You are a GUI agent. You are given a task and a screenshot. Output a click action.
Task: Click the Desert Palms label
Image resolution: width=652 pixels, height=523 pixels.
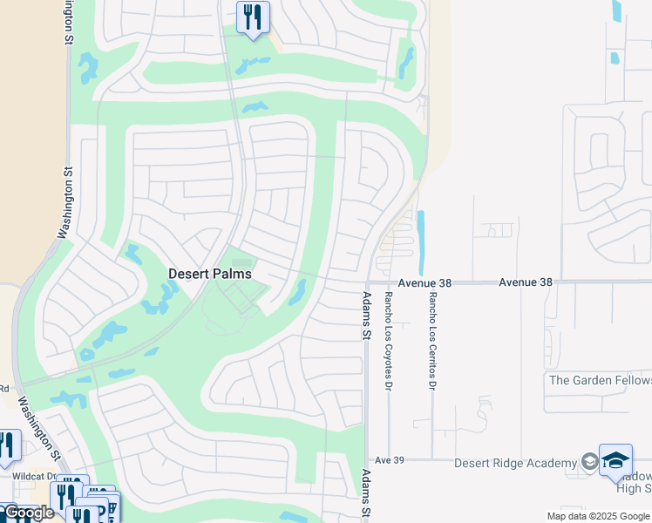click(x=209, y=274)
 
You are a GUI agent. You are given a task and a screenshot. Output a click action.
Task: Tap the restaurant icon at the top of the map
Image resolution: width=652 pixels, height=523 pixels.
click(x=253, y=17)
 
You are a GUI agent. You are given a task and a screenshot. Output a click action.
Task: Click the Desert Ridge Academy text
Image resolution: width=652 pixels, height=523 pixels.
click(x=515, y=462)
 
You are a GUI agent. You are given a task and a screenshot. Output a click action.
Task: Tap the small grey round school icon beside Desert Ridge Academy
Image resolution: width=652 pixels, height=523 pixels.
click(x=588, y=461)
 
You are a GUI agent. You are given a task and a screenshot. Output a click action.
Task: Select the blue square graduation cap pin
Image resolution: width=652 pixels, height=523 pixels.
click(x=615, y=460)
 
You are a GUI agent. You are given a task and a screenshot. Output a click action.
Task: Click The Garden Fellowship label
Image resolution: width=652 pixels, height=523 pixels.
click(x=600, y=380)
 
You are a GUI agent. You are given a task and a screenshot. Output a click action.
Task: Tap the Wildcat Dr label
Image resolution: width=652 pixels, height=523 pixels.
click(x=33, y=477)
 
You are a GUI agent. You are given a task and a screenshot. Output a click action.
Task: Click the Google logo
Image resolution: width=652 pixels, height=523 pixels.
click(x=28, y=513)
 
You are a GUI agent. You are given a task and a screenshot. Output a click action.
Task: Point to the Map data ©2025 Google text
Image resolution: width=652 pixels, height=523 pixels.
click(x=597, y=516)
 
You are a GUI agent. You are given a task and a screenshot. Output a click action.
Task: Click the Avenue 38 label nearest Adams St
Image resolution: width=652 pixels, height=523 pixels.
click(x=427, y=282)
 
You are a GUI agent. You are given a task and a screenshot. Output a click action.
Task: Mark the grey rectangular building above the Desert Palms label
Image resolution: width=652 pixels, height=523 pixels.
click(x=241, y=262)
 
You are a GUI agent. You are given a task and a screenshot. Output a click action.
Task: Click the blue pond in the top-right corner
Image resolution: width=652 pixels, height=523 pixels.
click(x=617, y=10)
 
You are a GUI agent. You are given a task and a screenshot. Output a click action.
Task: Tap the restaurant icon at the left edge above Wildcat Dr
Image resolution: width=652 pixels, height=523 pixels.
click(x=7, y=445)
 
